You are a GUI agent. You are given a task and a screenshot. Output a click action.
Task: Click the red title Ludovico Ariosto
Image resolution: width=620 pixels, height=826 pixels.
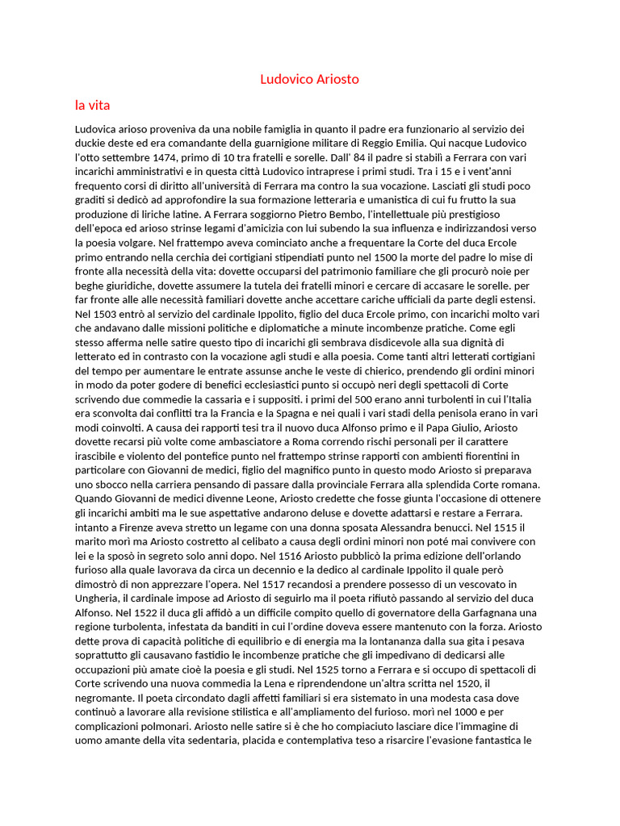click(309, 79)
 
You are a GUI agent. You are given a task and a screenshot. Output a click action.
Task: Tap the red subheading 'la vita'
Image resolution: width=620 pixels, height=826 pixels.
click(92, 105)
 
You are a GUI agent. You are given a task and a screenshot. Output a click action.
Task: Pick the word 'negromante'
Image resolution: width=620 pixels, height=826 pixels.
click(105, 697)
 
